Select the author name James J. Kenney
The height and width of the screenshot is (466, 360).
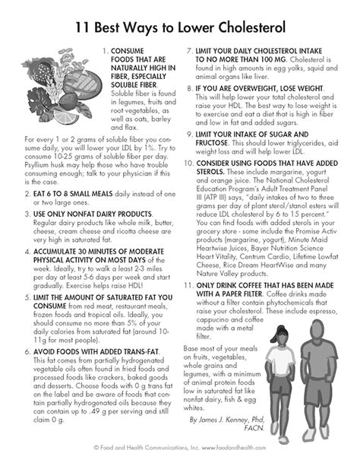click(x=245, y=418)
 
